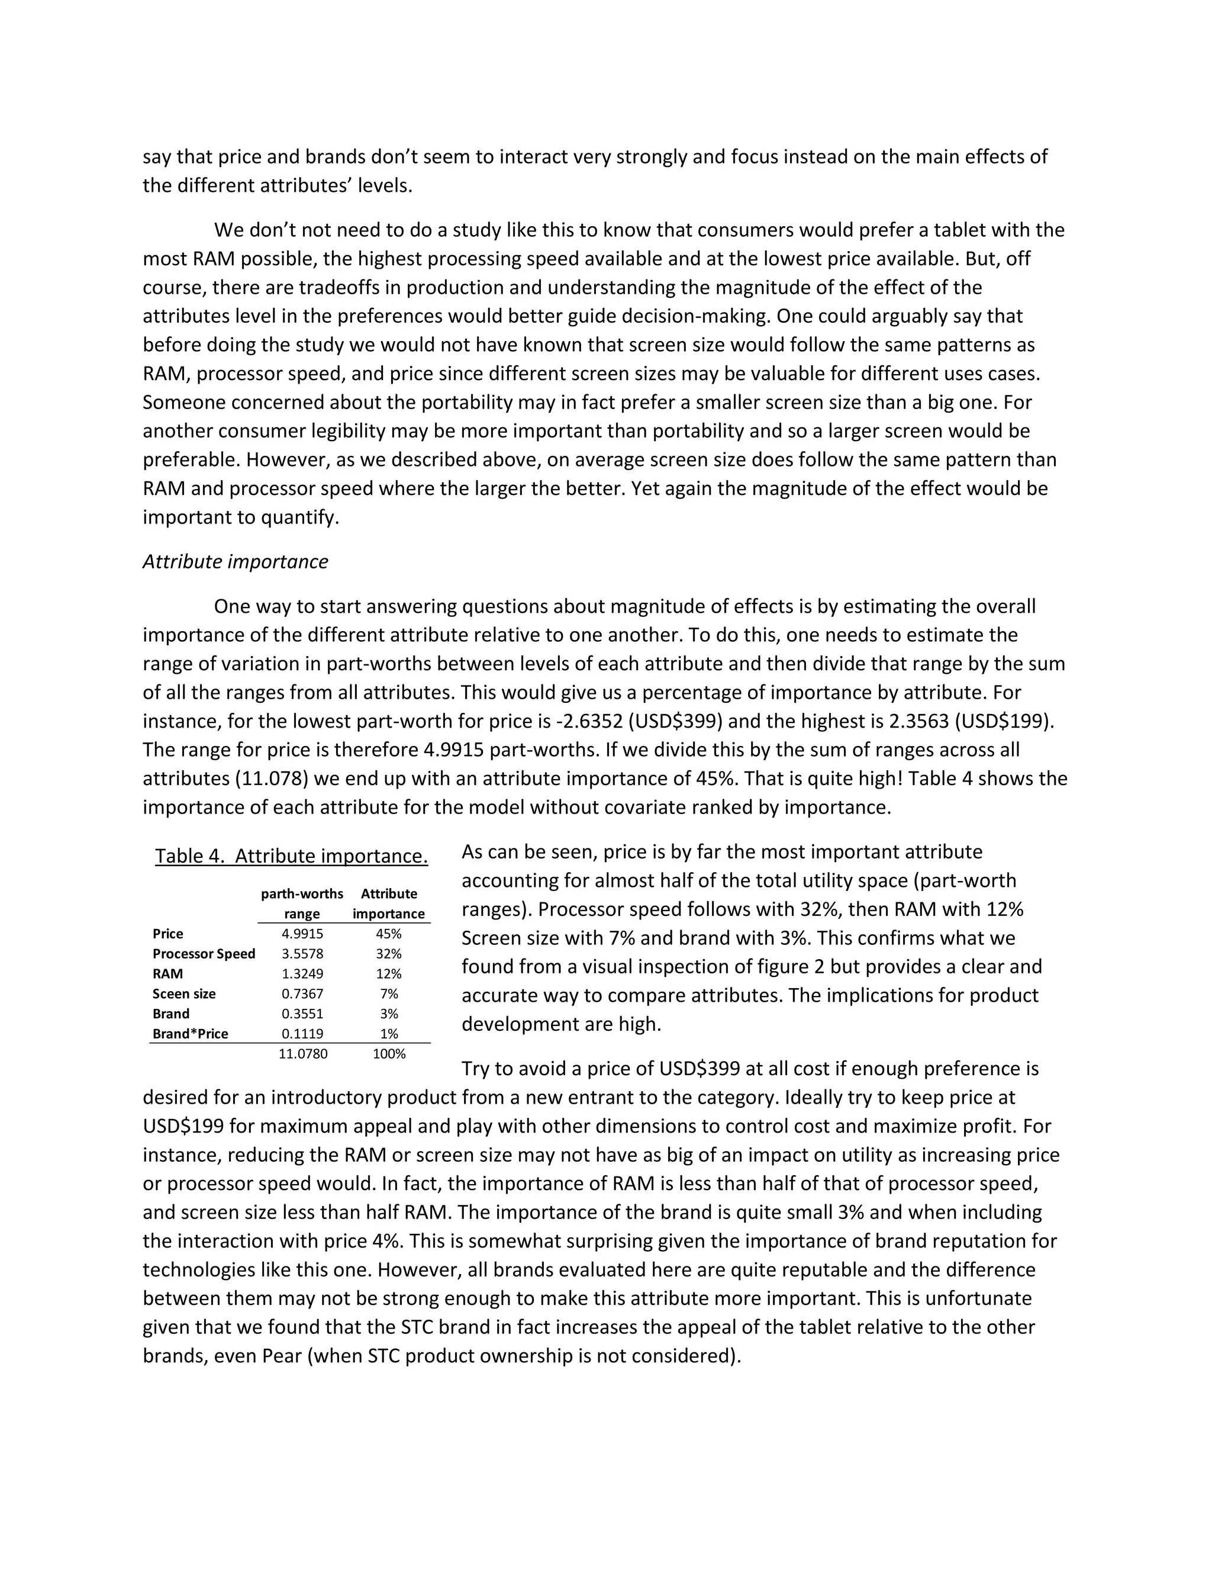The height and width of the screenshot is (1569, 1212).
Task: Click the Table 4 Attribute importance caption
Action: (292, 856)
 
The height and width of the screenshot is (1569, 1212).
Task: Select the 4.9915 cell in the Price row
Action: (302, 934)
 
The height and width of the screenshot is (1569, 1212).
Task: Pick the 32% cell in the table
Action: (388, 954)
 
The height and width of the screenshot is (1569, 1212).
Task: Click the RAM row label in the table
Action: (167, 974)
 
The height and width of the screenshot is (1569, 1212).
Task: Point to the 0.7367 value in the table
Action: (302, 994)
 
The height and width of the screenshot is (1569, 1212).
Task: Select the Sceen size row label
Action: (184, 994)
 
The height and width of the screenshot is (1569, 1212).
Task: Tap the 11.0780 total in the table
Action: (302, 1054)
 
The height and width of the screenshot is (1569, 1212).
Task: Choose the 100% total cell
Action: (388, 1054)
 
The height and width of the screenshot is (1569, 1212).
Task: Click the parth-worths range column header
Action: (302, 904)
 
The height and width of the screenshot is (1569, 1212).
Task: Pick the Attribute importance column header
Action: (388, 904)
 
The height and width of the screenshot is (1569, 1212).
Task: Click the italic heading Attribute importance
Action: (235, 562)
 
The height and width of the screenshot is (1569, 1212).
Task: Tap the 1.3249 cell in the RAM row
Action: (302, 974)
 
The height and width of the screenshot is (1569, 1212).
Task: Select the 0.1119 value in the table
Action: (302, 1034)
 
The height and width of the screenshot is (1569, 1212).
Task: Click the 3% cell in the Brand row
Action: (388, 1014)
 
